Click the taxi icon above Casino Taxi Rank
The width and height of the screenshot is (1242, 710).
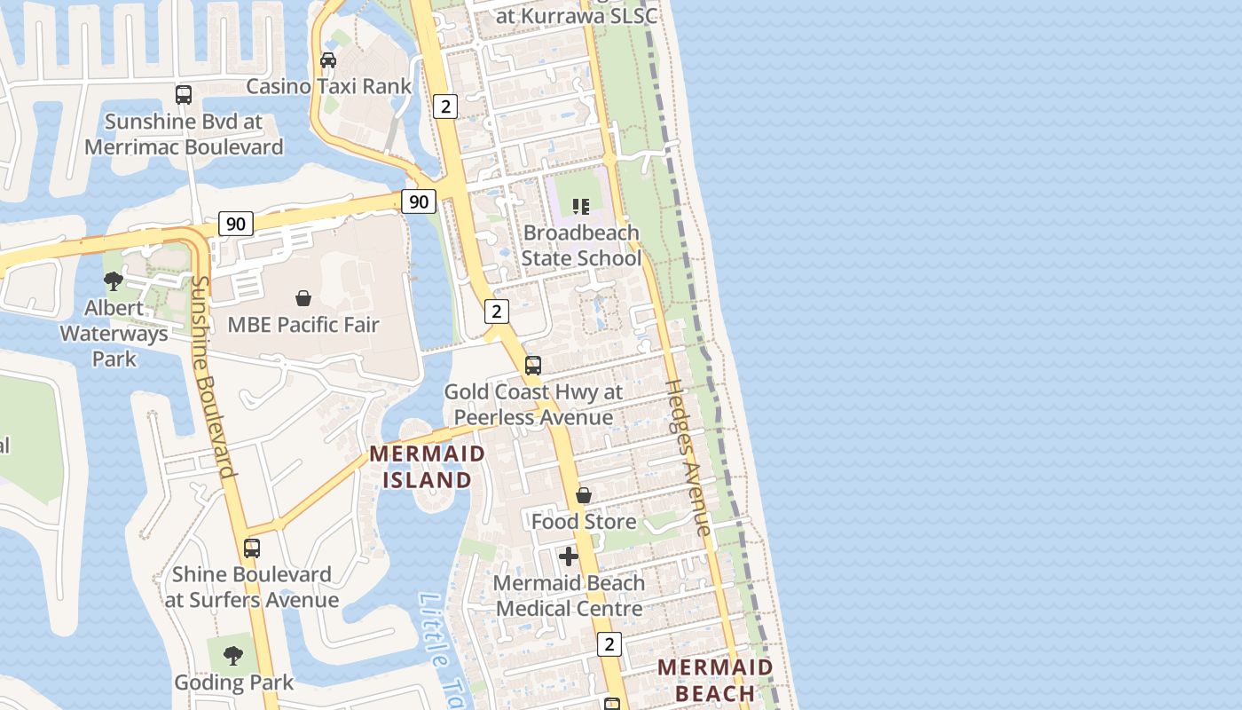point(328,60)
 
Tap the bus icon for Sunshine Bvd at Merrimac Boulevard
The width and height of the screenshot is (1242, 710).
point(184,94)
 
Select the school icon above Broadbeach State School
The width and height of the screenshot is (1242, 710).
point(581,207)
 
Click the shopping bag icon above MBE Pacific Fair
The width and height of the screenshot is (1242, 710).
point(303,298)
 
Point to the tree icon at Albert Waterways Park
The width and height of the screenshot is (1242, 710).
point(114,281)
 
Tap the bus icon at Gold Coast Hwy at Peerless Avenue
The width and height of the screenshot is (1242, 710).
point(533,365)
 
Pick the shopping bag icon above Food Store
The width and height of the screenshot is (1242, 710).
point(584,495)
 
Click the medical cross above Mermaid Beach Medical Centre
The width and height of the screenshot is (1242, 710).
point(569,556)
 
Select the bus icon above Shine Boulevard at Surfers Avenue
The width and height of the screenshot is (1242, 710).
point(252,548)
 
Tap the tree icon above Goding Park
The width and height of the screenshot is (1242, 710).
point(233,656)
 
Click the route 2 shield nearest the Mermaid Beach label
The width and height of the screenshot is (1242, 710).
point(609,644)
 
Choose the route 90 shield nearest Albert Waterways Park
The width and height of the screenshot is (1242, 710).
point(236,224)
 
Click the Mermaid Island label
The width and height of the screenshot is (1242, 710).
point(428,467)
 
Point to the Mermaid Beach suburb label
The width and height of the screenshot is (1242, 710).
point(715,680)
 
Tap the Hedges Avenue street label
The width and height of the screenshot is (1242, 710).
point(688,457)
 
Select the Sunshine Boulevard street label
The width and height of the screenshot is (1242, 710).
point(214,376)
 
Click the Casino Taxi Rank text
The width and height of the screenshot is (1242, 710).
point(329,86)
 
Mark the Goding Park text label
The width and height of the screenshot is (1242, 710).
point(233,682)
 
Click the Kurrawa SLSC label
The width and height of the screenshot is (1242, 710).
point(577,16)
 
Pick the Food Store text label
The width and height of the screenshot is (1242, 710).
point(584,522)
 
